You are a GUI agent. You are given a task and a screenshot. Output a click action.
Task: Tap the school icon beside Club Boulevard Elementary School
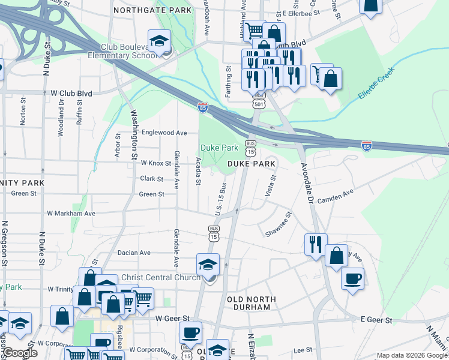click(159, 43)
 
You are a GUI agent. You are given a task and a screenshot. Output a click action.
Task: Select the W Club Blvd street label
click(71, 93)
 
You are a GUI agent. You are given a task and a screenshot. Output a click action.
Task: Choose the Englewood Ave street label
click(164, 133)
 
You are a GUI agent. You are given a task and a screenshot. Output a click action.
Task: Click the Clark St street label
click(152, 179)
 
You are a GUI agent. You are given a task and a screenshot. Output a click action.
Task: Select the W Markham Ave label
click(71, 213)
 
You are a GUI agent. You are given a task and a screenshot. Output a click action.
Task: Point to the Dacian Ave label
click(134, 253)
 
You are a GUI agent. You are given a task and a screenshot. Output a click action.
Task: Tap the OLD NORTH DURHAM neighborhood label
click(252, 304)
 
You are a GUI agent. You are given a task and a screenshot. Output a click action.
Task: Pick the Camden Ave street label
click(337, 196)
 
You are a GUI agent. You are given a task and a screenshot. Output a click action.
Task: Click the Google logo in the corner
click(20, 353)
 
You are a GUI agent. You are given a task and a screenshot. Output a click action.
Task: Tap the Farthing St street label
click(228, 78)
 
